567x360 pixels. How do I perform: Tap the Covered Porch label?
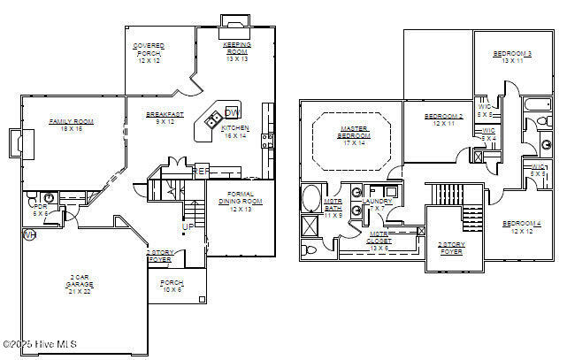[x=148, y=52]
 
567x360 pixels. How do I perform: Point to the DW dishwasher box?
[x=231, y=112]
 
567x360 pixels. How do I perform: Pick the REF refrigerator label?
[x=202, y=170]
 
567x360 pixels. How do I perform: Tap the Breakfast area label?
[x=165, y=118]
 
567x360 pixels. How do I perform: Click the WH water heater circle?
[x=28, y=235]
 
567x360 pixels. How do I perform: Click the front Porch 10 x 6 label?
[x=172, y=286]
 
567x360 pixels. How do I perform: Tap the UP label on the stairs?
[x=187, y=226]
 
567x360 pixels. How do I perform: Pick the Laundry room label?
[x=377, y=204]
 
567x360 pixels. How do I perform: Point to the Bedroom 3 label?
[x=512, y=57]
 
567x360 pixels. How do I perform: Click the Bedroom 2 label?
[x=443, y=119]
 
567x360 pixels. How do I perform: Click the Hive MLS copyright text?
[x=41, y=344]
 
